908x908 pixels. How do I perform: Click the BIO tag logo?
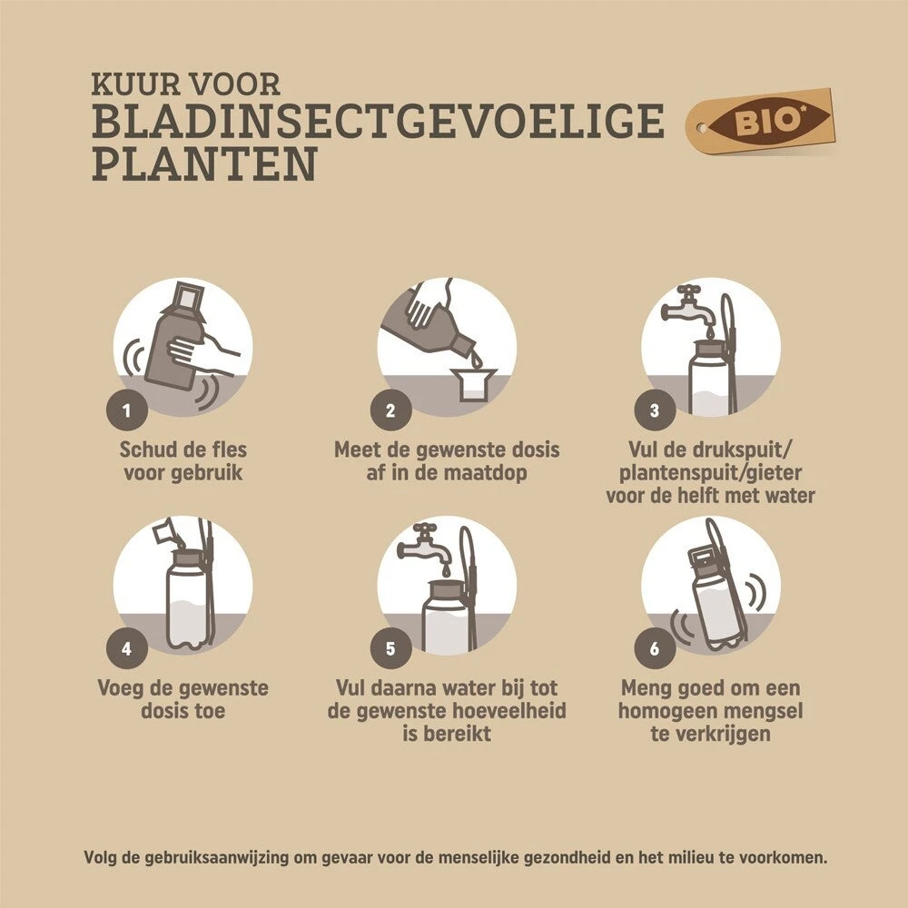760,122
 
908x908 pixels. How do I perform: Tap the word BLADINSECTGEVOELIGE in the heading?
378,121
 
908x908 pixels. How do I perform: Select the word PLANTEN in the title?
204,163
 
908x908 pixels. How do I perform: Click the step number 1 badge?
127,410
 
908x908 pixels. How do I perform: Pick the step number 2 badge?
390,410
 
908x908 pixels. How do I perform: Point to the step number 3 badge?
655,410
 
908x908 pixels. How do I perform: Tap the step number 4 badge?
127,648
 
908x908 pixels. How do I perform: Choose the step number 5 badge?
390,648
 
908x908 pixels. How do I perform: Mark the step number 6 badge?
655,648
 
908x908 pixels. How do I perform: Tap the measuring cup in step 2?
476,383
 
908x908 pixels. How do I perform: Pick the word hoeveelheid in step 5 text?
509,711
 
